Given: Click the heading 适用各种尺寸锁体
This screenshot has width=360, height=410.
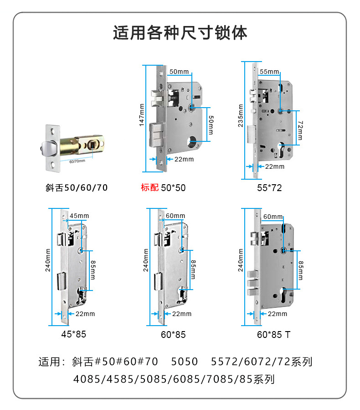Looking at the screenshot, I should (x=180, y=33).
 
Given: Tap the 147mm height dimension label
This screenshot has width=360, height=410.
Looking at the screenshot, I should (x=142, y=114).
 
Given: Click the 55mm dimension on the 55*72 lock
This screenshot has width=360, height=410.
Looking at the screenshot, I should (x=269, y=72).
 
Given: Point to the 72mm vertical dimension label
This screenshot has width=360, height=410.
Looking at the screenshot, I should (x=299, y=131).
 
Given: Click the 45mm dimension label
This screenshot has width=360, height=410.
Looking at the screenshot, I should (x=79, y=216).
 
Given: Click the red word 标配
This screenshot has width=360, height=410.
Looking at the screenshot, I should (x=149, y=187).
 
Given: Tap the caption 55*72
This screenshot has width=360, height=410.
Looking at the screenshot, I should (x=270, y=187).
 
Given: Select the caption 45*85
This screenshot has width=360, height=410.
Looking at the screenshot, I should (x=73, y=334).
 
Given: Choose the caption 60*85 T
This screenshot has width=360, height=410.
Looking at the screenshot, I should (x=273, y=335).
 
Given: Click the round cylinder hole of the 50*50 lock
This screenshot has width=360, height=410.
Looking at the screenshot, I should (x=192, y=142).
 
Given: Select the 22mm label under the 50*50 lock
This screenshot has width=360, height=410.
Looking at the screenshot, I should (x=184, y=159).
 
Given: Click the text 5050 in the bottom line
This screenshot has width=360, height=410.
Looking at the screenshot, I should (x=185, y=362).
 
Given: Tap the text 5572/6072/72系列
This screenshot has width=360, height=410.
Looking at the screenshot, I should (x=262, y=362).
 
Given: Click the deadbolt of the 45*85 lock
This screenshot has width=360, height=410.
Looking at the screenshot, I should (x=61, y=281).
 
